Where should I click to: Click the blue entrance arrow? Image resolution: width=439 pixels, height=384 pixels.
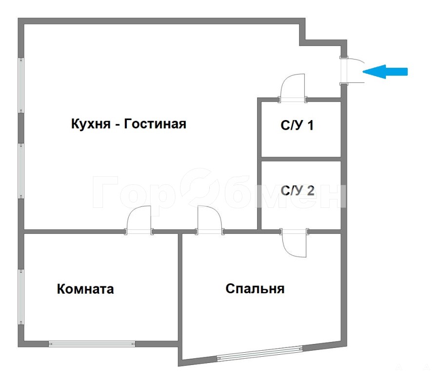(385, 72)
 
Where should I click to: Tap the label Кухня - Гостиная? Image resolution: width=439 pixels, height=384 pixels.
(129, 124)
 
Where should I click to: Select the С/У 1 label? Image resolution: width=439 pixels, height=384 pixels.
(297, 125)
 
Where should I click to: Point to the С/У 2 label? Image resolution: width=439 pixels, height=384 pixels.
(298, 190)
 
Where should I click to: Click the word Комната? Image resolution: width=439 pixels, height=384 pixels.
(85, 289)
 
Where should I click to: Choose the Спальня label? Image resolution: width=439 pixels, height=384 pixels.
(255, 289)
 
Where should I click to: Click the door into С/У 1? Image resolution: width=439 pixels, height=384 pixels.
(293, 87)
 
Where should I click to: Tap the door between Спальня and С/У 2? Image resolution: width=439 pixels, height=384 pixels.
(294, 243)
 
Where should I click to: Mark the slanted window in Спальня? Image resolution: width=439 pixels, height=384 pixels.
(260, 353)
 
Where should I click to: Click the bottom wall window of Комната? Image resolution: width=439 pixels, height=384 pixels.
(92, 344)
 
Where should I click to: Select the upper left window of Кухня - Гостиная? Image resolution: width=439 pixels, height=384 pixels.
(21, 85)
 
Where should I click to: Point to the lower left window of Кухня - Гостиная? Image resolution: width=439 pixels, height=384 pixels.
(21, 171)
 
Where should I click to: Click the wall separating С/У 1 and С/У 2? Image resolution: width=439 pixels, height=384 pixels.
(301, 159)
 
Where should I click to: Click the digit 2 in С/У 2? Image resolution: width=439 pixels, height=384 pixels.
(311, 190)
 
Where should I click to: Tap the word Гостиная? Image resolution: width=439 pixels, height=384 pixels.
(155, 124)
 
